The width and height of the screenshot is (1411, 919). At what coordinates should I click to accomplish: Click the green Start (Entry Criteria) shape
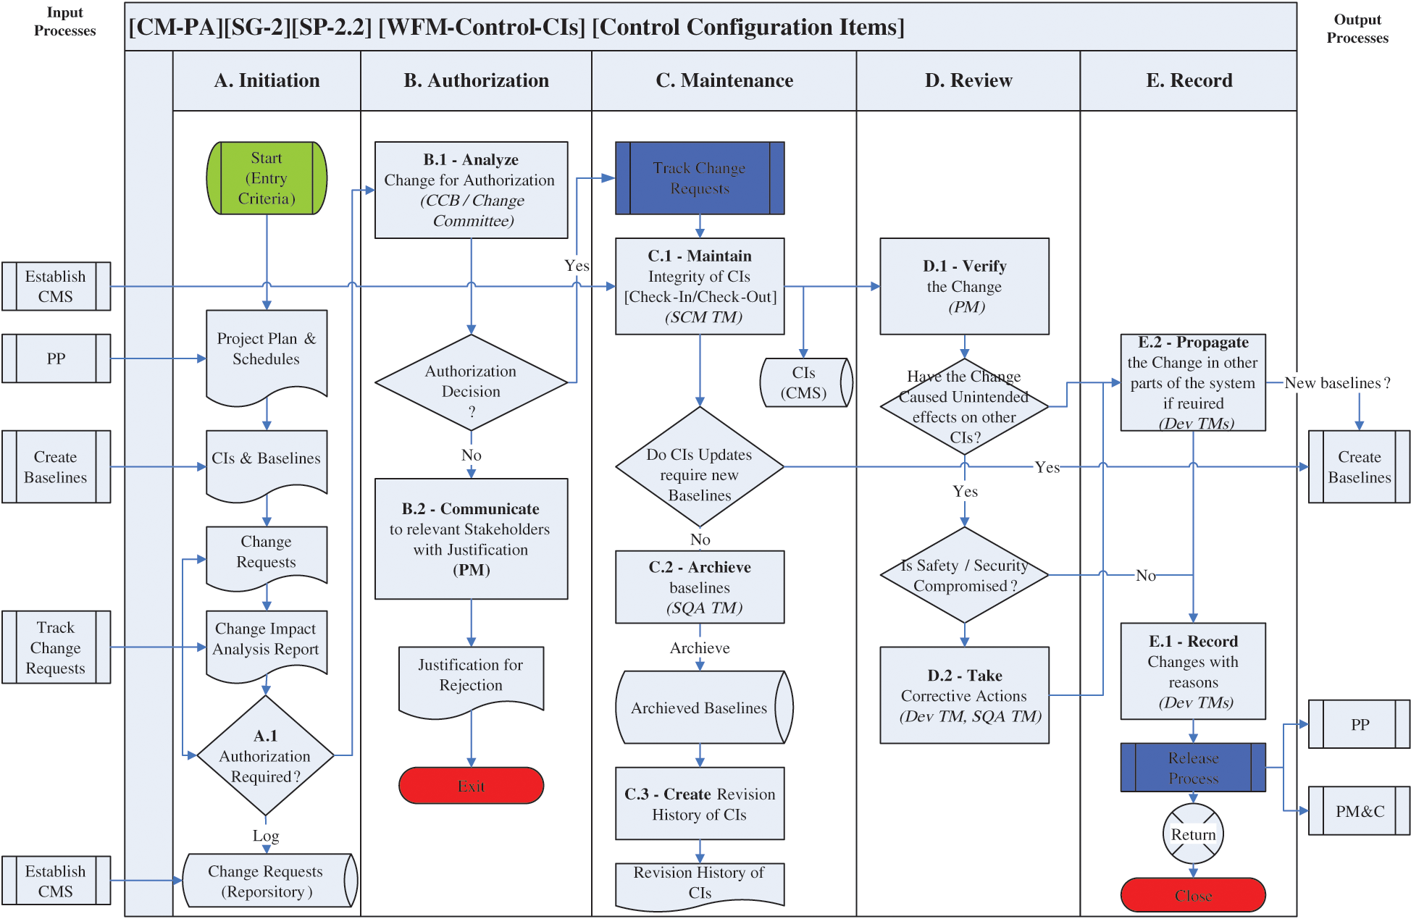pyautogui.click(x=267, y=178)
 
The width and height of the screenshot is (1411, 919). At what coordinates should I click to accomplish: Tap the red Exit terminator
pyautogui.click(x=471, y=786)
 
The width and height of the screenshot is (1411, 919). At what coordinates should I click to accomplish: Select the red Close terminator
pyautogui.click(x=1193, y=895)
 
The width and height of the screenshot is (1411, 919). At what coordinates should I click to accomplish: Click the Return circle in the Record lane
pyautogui.click(x=1193, y=834)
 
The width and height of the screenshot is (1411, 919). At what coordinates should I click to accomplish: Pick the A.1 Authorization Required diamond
pyautogui.click(x=265, y=756)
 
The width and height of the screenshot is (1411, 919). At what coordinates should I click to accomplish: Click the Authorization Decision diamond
pyautogui.click(x=471, y=382)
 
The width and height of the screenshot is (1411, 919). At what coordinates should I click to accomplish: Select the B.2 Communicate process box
pyautogui.click(x=471, y=539)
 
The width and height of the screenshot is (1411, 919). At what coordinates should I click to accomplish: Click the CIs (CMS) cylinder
pyautogui.click(x=805, y=382)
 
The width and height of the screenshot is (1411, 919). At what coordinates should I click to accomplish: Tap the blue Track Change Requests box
pyautogui.click(x=700, y=178)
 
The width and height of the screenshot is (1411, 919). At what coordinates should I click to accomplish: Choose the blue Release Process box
pyautogui.click(x=1193, y=768)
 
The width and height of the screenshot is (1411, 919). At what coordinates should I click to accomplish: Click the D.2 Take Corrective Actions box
pyautogui.click(x=964, y=695)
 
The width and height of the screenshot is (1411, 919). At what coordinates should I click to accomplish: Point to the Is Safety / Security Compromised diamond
pyautogui.click(x=964, y=575)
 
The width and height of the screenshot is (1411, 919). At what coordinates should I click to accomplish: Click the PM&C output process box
pyautogui.click(x=1359, y=811)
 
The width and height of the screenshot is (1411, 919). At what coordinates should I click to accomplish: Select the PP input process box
pyautogui.click(x=56, y=358)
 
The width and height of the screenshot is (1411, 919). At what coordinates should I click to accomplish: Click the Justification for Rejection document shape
pyautogui.click(x=471, y=678)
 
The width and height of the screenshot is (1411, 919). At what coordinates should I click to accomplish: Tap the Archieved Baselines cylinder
pyautogui.click(x=700, y=708)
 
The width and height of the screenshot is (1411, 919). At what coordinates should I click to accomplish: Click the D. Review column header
pyautogui.click(x=968, y=80)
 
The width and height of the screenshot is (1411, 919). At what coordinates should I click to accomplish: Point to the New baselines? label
pyautogui.click(x=1337, y=383)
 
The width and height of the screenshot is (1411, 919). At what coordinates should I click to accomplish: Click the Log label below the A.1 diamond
pyautogui.click(x=266, y=836)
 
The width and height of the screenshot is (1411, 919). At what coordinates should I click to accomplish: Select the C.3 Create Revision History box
pyautogui.click(x=700, y=804)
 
